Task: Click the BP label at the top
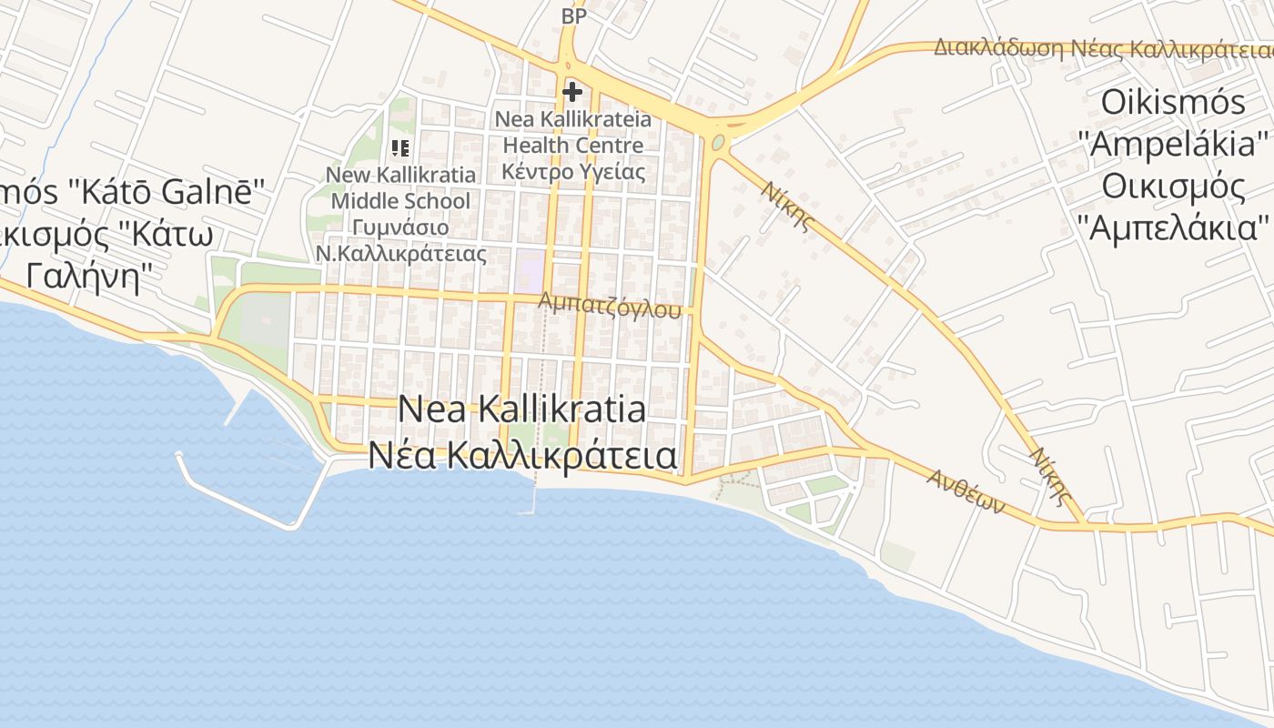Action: point(573,16)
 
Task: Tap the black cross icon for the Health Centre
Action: point(572,92)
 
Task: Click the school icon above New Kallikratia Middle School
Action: point(400,147)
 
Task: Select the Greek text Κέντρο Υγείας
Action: point(573,171)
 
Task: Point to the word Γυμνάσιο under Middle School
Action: point(400,227)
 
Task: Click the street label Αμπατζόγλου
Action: point(610,305)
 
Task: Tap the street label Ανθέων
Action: point(966,491)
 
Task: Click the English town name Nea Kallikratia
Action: point(522,409)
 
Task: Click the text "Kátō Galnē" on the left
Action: point(164,192)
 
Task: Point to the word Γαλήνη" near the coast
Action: point(86,275)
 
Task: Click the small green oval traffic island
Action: point(719,143)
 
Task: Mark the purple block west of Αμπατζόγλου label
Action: point(529,271)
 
